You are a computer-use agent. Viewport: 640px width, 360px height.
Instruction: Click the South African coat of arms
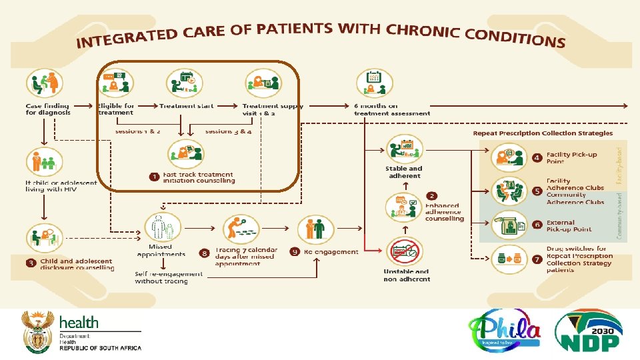[x=37, y=331]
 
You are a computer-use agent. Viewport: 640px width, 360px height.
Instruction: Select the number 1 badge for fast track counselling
[x=154, y=177]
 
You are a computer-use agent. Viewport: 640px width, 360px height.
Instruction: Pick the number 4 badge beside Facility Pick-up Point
[x=537, y=158]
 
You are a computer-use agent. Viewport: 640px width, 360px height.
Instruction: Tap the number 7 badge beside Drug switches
[x=537, y=258]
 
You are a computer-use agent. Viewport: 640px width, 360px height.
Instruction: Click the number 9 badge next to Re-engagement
[x=295, y=251]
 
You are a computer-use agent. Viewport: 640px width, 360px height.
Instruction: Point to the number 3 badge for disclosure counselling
[x=31, y=263]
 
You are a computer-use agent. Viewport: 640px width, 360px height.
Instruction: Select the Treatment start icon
[x=185, y=83]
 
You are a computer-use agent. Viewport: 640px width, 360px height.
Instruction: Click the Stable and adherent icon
[x=403, y=149]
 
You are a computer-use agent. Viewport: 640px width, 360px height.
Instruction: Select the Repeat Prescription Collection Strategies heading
[x=543, y=133]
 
